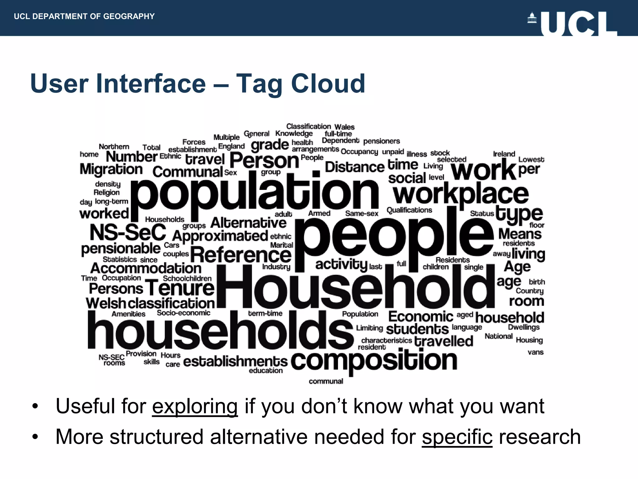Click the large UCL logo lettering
[579, 24]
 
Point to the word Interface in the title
[151, 84]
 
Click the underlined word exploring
[195, 406]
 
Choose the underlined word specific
[457, 437]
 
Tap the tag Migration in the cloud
[111, 169]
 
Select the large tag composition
[374, 360]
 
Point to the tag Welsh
[106, 303]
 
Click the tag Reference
[241, 255]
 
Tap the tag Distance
[355, 167]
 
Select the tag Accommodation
[146, 268]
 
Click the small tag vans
[536, 352]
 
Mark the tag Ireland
[504, 154]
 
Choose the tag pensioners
[381, 141]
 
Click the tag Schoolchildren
[187, 278]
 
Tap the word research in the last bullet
[540, 437]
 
